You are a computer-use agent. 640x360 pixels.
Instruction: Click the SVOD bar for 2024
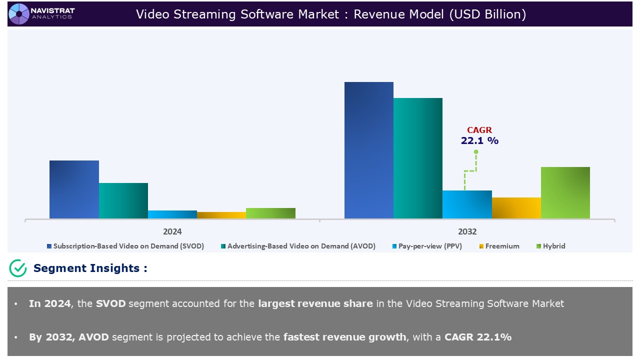pyautogui.click(x=74, y=189)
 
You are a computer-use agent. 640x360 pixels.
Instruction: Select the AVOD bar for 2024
pyautogui.click(x=123, y=200)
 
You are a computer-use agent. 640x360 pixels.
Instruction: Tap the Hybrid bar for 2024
pyautogui.click(x=270, y=213)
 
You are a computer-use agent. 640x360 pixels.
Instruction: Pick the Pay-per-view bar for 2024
pyautogui.click(x=172, y=214)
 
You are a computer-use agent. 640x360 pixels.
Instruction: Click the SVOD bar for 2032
pyautogui.click(x=369, y=150)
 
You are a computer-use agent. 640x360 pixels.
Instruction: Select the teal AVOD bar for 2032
pyautogui.click(x=418, y=158)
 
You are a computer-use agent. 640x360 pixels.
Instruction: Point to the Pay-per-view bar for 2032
pyautogui.click(x=467, y=204)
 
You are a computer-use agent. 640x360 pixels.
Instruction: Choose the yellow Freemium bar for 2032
pyautogui.click(x=516, y=208)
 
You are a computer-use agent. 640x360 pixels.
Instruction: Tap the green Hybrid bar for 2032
pyautogui.click(x=565, y=192)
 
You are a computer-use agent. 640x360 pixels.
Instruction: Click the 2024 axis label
pyautogui.click(x=172, y=231)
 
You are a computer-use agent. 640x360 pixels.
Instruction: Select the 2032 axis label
pyautogui.click(x=467, y=231)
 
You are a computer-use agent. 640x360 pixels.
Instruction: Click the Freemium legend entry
pyautogui.click(x=502, y=246)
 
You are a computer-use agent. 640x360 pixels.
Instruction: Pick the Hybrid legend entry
pyautogui.click(x=553, y=246)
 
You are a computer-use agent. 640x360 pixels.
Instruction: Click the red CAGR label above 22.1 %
pyautogui.click(x=479, y=130)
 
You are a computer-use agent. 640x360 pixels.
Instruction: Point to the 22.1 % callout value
pyautogui.click(x=479, y=141)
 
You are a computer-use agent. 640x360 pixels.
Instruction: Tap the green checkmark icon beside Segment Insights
pyautogui.click(x=18, y=268)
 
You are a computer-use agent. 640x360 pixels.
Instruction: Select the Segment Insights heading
pyautogui.click(x=90, y=268)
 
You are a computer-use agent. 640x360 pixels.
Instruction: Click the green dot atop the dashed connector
pyautogui.click(x=476, y=151)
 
